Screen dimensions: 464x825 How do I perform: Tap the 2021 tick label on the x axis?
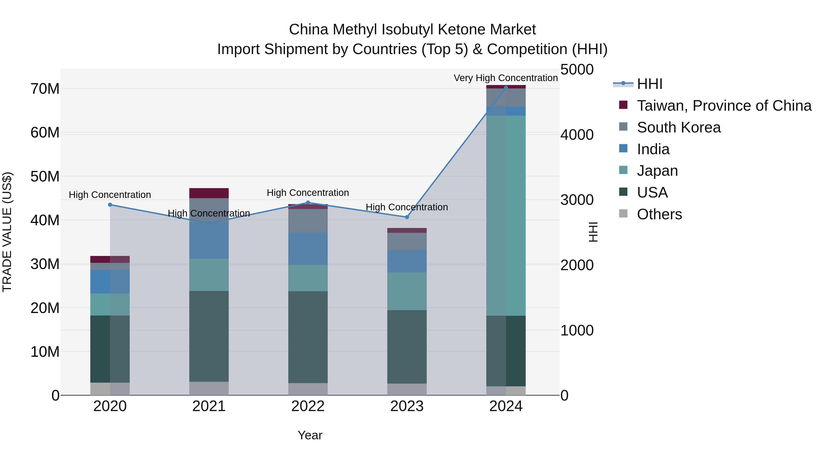209,406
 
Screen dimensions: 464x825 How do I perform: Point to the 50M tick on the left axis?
45,176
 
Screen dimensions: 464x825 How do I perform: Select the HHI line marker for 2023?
407,217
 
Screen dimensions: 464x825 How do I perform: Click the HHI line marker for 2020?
110,205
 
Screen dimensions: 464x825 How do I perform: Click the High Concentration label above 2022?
308,193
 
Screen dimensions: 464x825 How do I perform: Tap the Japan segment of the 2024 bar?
506,216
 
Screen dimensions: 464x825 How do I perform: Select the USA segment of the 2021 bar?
209,336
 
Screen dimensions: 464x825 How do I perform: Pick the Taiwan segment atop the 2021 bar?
209,193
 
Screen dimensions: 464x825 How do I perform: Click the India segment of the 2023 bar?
407,261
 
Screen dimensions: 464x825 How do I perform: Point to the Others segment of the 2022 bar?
308,389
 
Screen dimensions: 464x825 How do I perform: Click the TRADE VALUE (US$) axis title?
7,232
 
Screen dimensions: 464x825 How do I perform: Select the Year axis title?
310,435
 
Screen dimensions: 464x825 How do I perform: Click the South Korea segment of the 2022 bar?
308,221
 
